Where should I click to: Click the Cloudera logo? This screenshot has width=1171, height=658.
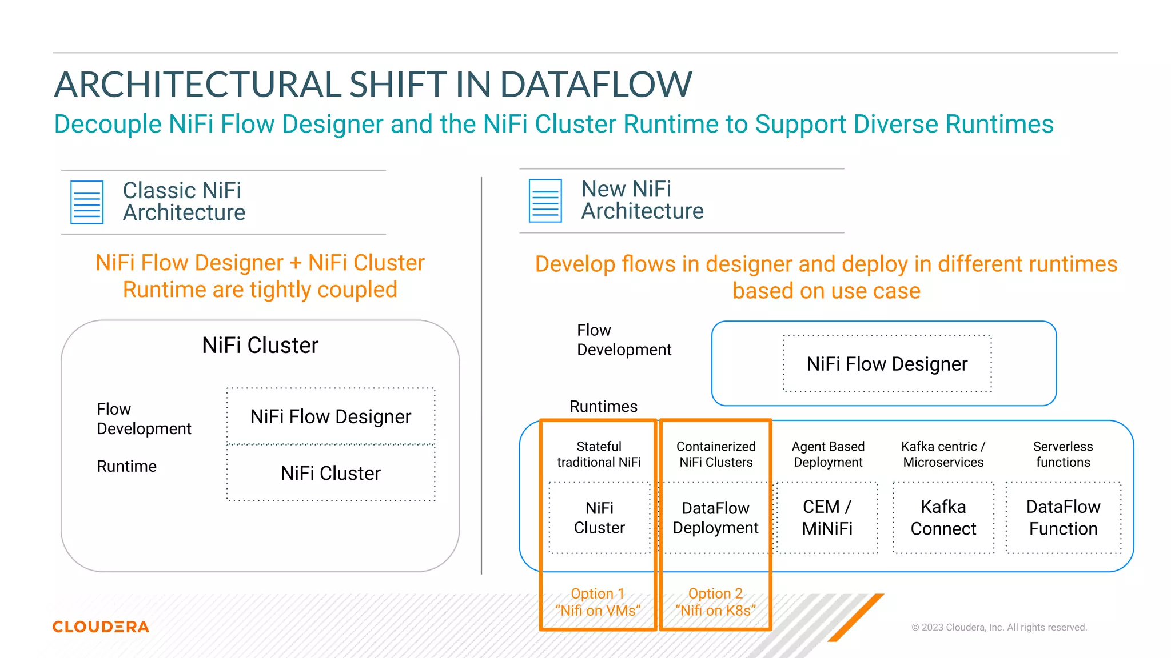click(101, 627)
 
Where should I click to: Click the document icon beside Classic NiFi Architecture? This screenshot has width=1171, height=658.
click(87, 202)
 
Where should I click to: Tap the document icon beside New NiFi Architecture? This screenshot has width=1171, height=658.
click(545, 200)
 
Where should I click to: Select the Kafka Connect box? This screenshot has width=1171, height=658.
click(943, 517)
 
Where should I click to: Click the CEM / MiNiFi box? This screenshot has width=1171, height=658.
click(827, 517)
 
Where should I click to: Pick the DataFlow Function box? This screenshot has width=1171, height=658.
click(1063, 517)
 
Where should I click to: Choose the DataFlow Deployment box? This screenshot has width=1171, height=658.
click(715, 517)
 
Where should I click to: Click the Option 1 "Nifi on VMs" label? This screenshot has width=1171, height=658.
click(598, 602)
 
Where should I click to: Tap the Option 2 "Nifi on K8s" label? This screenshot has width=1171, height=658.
click(715, 602)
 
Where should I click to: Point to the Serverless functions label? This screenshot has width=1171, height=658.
click(1063, 454)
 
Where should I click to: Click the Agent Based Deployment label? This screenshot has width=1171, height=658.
click(828, 454)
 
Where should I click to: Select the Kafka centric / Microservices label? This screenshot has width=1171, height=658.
click(943, 454)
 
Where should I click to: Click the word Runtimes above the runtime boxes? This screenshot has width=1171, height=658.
click(603, 407)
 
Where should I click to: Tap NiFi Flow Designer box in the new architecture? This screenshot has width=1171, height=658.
click(887, 364)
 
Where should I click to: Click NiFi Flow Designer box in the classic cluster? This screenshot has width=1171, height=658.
click(330, 416)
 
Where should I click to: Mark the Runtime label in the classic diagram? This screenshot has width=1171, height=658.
click(126, 466)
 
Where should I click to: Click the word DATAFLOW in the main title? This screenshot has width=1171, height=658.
click(596, 85)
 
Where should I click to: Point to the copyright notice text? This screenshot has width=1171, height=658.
click(999, 627)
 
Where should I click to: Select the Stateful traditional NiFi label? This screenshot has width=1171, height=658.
click(599, 454)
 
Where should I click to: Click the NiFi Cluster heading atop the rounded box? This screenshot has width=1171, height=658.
click(260, 345)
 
